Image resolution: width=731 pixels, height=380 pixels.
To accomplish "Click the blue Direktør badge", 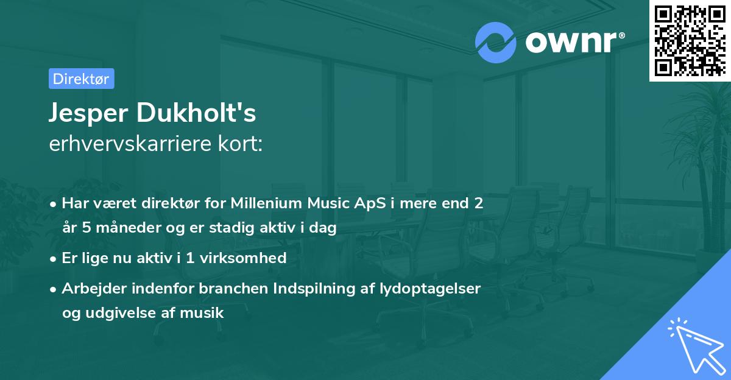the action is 82,79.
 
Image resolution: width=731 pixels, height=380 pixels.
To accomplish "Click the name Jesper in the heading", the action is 88,113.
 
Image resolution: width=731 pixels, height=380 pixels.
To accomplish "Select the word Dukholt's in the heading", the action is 196,113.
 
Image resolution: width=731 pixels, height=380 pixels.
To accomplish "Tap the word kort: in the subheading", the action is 240,144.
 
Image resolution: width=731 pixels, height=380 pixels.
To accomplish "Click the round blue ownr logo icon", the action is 495,43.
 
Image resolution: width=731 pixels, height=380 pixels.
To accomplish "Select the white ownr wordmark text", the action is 575,42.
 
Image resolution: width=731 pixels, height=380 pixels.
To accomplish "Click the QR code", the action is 690,40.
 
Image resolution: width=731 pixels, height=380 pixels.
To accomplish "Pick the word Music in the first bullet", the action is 328,203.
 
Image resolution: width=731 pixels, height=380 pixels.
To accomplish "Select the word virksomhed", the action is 243,258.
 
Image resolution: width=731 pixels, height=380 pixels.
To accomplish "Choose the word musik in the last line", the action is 202,313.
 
